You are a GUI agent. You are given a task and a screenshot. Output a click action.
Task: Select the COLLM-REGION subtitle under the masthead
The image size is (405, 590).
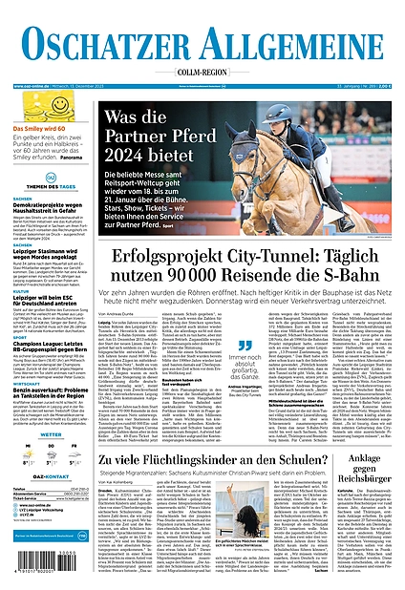click(202, 69)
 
